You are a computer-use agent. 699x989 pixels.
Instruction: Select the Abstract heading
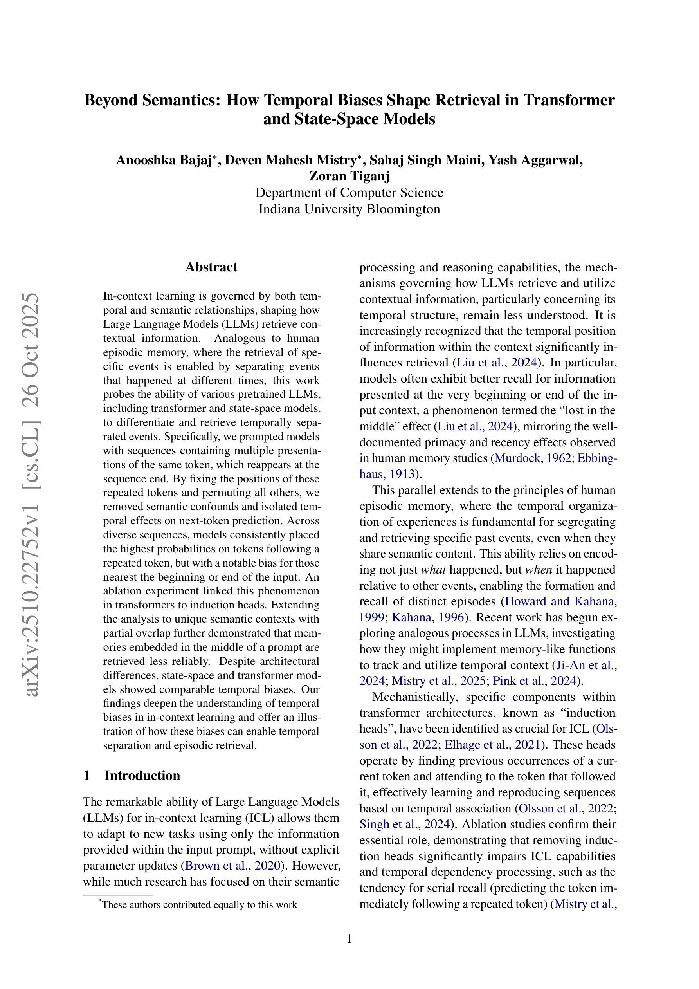211,267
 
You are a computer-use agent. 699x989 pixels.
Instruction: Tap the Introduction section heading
142,775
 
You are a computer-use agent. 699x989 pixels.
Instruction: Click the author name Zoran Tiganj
349,176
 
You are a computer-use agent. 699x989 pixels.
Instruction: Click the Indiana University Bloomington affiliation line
349,209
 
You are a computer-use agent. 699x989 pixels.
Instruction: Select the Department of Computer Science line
349,193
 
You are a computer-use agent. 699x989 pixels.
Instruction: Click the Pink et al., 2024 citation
534,680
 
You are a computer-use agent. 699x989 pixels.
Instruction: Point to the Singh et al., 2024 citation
405,824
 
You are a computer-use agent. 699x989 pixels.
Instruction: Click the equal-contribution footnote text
199,905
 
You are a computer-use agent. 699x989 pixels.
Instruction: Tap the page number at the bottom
349,939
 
